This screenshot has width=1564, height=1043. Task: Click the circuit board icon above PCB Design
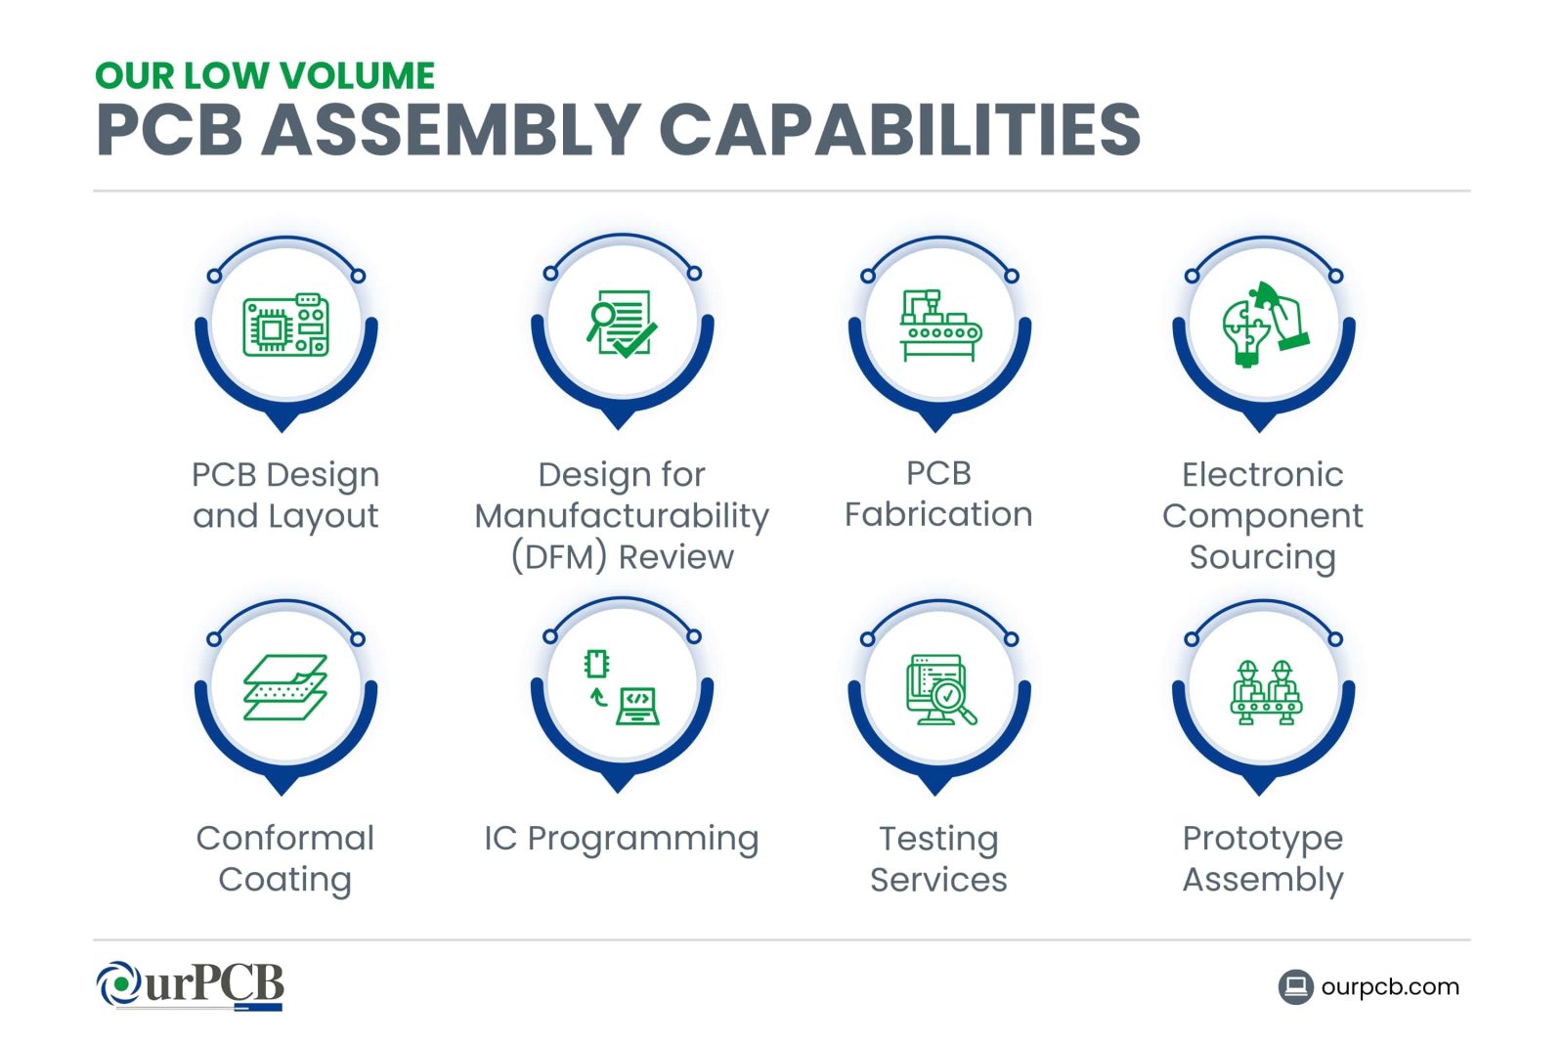click(285, 325)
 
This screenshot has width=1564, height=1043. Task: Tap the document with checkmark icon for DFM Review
click(622, 324)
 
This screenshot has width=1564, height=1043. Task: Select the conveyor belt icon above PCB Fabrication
click(940, 326)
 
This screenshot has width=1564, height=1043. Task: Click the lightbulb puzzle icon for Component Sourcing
click(1265, 324)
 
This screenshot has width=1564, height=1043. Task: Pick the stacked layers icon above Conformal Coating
click(284, 687)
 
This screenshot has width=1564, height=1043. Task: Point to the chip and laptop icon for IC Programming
click(622, 687)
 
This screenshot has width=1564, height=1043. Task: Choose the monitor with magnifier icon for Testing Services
click(941, 690)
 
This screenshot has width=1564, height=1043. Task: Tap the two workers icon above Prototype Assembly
click(1265, 692)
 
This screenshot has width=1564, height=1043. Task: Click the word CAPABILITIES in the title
click(899, 129)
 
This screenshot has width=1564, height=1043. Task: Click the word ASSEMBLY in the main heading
click(451, 129)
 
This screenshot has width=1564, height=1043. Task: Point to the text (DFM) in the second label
click(558, 557)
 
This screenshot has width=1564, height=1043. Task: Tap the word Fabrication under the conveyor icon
click(938, 514)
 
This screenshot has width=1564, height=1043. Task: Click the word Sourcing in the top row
click(1262, 557)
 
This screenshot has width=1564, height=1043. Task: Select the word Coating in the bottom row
click(284, 879)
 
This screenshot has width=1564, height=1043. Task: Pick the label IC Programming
click(622, 839)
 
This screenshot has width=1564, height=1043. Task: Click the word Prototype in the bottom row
click(1262, 839)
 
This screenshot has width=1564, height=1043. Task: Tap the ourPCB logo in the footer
click(190, 985)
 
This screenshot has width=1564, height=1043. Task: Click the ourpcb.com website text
click(1390, 987)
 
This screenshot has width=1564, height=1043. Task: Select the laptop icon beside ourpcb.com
click(1296, 987)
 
